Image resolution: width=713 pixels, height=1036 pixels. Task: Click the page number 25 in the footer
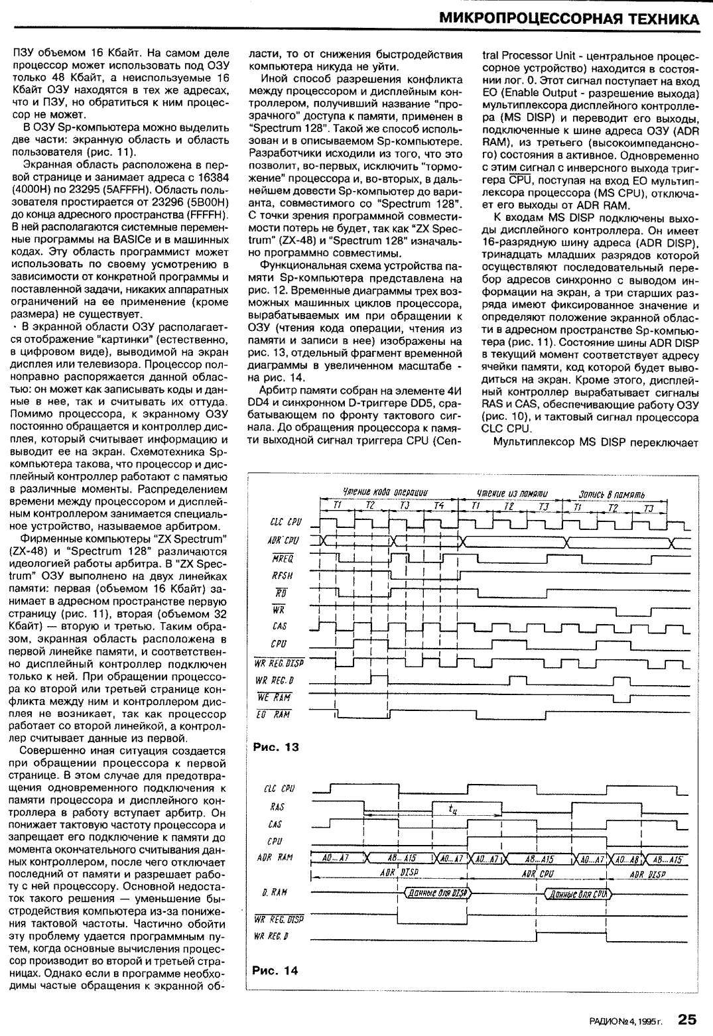(687, 1019)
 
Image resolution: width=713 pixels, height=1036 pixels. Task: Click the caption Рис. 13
(276, 747)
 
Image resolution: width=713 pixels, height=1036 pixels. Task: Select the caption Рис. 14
(276, 970)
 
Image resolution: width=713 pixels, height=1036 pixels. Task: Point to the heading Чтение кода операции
(384, 492)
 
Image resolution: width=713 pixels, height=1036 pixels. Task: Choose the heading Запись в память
(612, 493)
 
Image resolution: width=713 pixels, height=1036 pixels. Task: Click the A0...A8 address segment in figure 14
(627, 858)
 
